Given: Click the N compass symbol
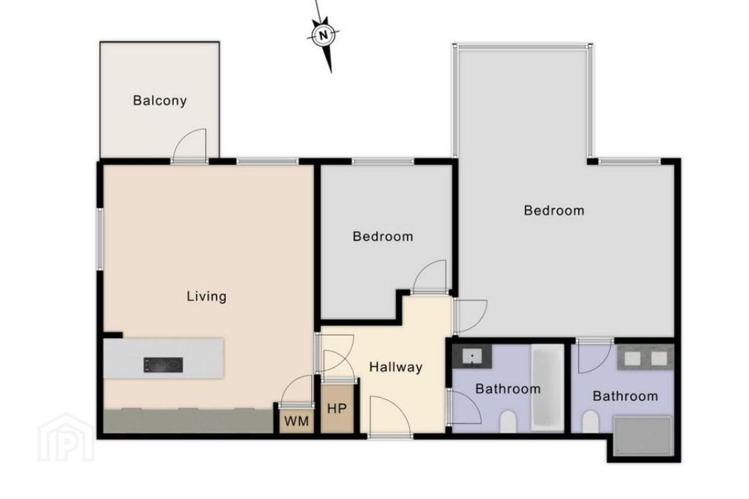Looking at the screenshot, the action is coord(323,35).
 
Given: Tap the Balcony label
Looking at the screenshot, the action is coord(160,101).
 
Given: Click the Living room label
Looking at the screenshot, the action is coord(206,297).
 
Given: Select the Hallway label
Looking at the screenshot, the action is coord(395,367).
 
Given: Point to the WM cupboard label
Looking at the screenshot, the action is coord(296,421).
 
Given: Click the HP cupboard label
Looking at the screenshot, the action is coord(337,409).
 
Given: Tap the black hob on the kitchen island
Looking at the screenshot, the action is coord(163,365).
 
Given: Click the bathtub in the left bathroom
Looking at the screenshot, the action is coord(547,388).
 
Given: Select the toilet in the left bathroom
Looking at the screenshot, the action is coord(508,422).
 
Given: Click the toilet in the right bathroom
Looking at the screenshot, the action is coord(590,422).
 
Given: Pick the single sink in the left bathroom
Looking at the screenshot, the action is coord(472,356).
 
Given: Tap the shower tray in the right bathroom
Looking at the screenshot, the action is coord(643,436).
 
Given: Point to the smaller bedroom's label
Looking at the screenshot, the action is coord(383,237).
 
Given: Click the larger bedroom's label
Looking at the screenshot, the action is coord(554,211).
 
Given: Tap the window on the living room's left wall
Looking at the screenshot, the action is coord(100,239).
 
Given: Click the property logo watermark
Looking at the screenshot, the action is coord(66,438).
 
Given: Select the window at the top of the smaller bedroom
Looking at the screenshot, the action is coord(383,162).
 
